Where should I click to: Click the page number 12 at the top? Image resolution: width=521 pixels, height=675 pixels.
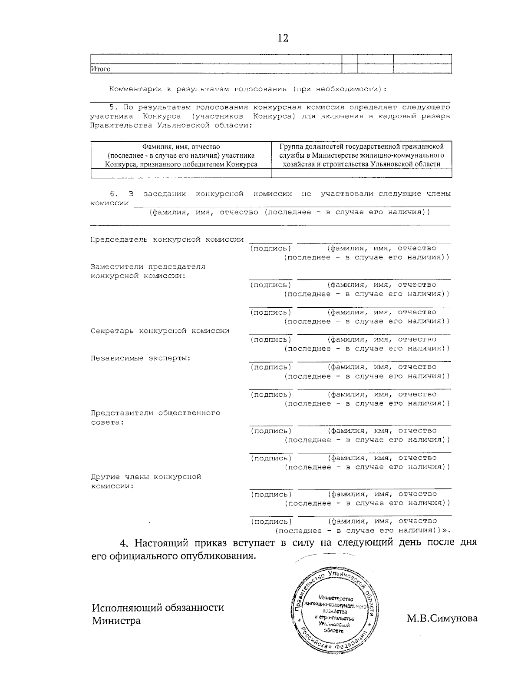coord(283,38)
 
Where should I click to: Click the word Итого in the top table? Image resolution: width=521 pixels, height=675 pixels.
coord(101,69)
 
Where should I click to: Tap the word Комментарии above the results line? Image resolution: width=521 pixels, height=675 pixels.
coord(134,89)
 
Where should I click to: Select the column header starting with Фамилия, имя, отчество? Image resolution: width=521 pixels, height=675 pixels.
coord(181,155)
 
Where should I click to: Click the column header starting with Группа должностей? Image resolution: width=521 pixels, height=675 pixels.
coord(362,155)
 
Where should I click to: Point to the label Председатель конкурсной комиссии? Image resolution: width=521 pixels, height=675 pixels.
coord(167,239)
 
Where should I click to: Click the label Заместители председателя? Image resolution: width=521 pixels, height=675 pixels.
coord(148,266)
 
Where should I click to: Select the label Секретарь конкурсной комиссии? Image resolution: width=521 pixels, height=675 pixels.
coord(160,331)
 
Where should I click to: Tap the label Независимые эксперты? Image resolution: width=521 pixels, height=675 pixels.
coord(141,358)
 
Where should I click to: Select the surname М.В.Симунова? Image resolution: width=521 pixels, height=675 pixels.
coord(442,618)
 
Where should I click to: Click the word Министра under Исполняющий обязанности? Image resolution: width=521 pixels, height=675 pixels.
coord(116,620)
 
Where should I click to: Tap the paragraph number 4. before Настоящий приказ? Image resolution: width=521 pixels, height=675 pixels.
coord(125,543)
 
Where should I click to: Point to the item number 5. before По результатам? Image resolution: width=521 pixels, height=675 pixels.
coord(114,107)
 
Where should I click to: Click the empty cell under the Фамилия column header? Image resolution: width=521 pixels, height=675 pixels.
coord(181,173)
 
